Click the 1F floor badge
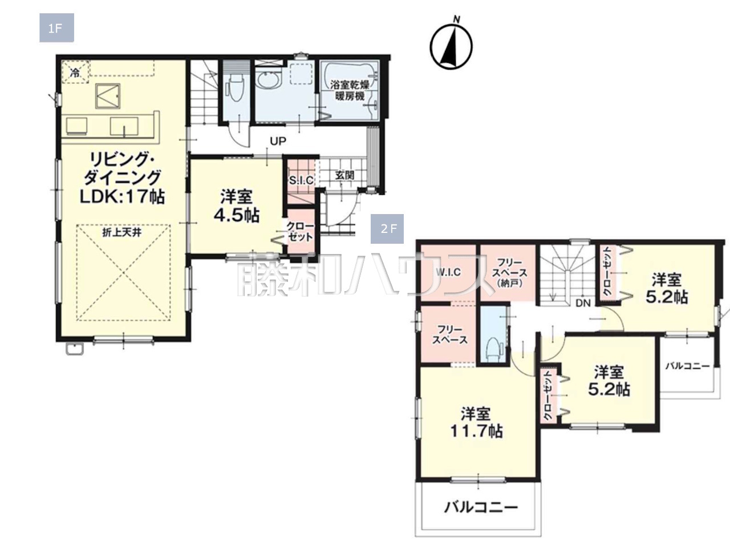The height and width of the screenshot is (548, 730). [56, 28]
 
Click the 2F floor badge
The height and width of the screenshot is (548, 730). [387, 228]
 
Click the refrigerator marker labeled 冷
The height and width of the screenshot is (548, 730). [75, 72]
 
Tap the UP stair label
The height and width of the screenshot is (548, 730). [278, 142]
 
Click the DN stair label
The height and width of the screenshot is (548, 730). [583, 303]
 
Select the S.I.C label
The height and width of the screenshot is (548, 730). [301, 180]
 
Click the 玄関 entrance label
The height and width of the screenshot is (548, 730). [344, 175]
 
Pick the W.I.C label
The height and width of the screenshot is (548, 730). [448, 272]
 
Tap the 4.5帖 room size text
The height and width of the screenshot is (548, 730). [237, 216]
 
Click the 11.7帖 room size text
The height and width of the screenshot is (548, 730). [476, 431]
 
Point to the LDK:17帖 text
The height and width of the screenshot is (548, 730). [122, 196]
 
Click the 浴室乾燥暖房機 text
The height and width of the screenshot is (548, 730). [350, 91]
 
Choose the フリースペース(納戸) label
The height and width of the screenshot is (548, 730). [509, 273]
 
